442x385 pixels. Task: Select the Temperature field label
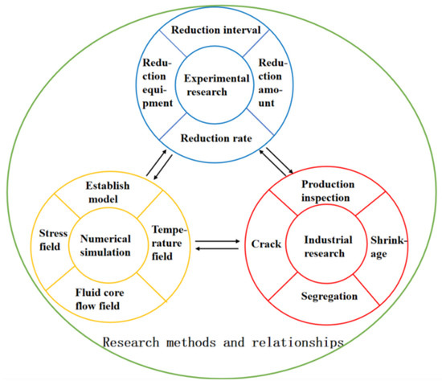169,240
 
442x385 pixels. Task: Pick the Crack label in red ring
266,243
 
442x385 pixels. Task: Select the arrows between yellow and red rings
217,244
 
